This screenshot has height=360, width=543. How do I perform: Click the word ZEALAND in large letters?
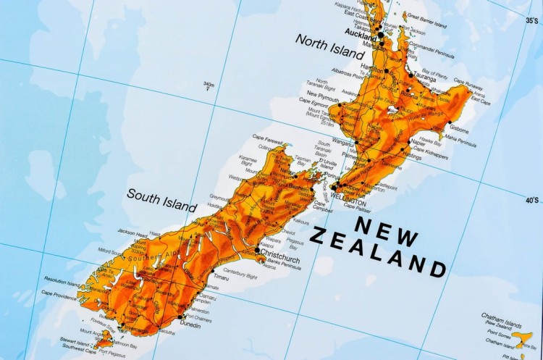(377, 253)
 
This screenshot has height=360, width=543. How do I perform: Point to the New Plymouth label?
(322, 95)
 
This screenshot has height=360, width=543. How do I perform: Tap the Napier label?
(418, 143)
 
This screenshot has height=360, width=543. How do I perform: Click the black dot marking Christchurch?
(256, 251)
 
